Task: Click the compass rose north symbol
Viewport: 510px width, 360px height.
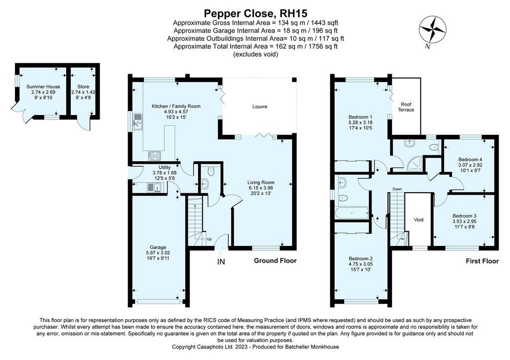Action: click(x=432, y=30)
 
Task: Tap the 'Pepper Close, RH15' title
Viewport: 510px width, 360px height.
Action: click(x=255, y=13)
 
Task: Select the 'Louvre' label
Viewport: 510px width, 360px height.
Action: click(x=259, y=107)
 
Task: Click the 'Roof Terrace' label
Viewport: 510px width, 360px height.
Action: click(x=406, y=107)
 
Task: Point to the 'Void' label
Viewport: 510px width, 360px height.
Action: click(x=418, y=220)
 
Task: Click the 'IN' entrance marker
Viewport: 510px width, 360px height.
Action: click(x=221, y=261)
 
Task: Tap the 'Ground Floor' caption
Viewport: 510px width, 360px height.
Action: click(x=275, y=260)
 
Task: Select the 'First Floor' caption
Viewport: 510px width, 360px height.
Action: click(x=482, y=261)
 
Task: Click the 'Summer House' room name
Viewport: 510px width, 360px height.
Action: click(x=43, y=87)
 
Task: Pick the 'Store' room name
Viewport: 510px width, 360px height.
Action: click(x=83, y=87)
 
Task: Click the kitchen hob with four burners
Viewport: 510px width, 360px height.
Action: click(x=154, y=156)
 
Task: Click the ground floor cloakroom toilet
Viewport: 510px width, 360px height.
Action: click(x=211, y=171)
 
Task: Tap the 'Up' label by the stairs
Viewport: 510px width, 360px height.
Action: click(x=209, y=239)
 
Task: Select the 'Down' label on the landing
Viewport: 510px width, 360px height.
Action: click(x=397, y=189)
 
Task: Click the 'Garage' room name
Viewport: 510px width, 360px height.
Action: click(x=158, y=247)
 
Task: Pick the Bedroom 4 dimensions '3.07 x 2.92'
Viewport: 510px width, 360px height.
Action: click(x=470, y=165)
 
